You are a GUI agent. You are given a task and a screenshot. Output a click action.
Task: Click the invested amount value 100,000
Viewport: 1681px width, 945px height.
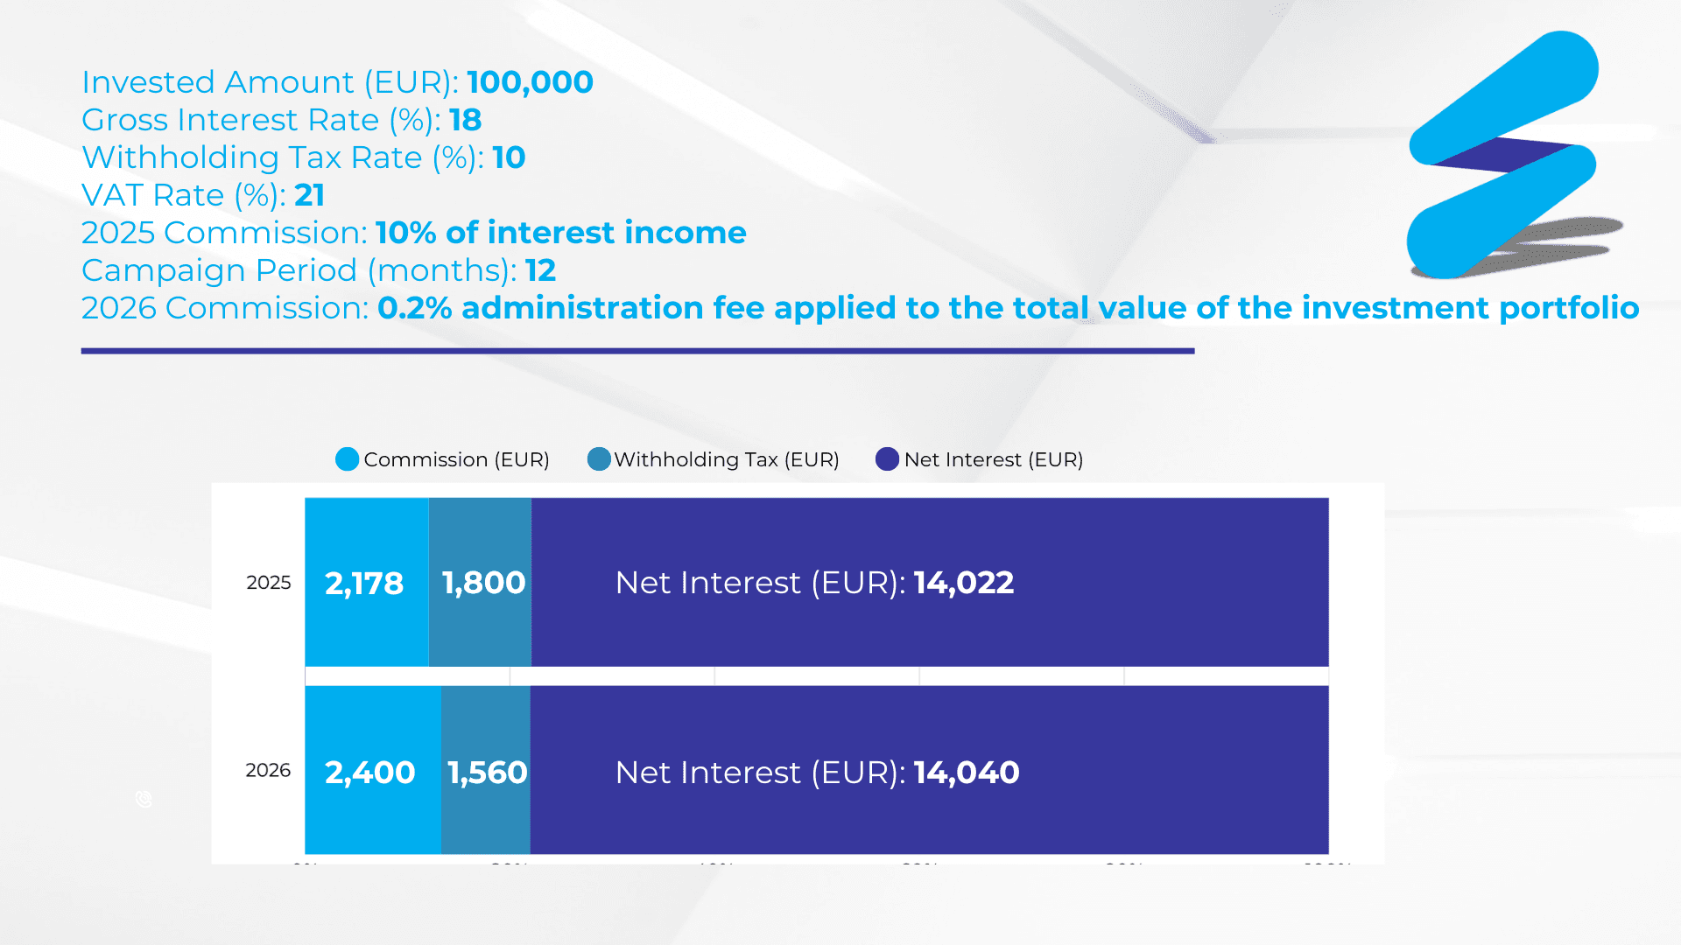coord(530,82)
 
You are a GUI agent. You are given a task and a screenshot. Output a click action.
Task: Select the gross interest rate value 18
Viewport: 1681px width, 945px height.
coord(465,120)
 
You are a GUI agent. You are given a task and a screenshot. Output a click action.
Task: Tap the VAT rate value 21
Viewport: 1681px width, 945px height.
coord(309,195)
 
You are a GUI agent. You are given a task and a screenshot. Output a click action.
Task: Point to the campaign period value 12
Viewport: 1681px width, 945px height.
coord(540,270)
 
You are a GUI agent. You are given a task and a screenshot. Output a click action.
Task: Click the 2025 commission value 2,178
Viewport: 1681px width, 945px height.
coord(364,584)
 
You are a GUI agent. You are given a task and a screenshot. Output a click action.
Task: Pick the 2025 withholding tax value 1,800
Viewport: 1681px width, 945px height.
coord(483,583)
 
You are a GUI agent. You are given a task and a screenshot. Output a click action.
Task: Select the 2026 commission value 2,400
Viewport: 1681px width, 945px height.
coord(369,773)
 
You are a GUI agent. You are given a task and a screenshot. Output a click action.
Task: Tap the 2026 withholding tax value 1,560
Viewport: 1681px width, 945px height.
coord(487,773)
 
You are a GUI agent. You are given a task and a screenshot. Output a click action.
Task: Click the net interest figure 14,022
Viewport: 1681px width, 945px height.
coord(963,583)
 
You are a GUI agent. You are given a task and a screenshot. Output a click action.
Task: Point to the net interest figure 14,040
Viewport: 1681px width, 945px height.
coord(966,773)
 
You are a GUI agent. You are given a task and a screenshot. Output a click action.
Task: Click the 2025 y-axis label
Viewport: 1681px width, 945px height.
coord(268,583)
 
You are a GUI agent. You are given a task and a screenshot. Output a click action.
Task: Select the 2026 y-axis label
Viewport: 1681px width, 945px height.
coord(268,770)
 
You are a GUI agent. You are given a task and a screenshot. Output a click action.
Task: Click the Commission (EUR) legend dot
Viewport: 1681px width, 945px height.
coord(348,459)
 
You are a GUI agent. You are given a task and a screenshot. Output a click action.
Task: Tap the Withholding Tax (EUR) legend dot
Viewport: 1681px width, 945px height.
coord(599,459)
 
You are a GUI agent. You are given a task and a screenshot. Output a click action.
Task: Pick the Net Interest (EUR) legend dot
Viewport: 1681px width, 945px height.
coord(887,459)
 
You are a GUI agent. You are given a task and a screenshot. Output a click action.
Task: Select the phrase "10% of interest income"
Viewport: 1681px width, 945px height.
coord(560,233)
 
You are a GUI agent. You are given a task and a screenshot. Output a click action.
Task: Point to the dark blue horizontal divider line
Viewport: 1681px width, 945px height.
coord(637,351)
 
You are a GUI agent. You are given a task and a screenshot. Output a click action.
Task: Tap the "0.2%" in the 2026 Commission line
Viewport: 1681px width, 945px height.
coord(414,308)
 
